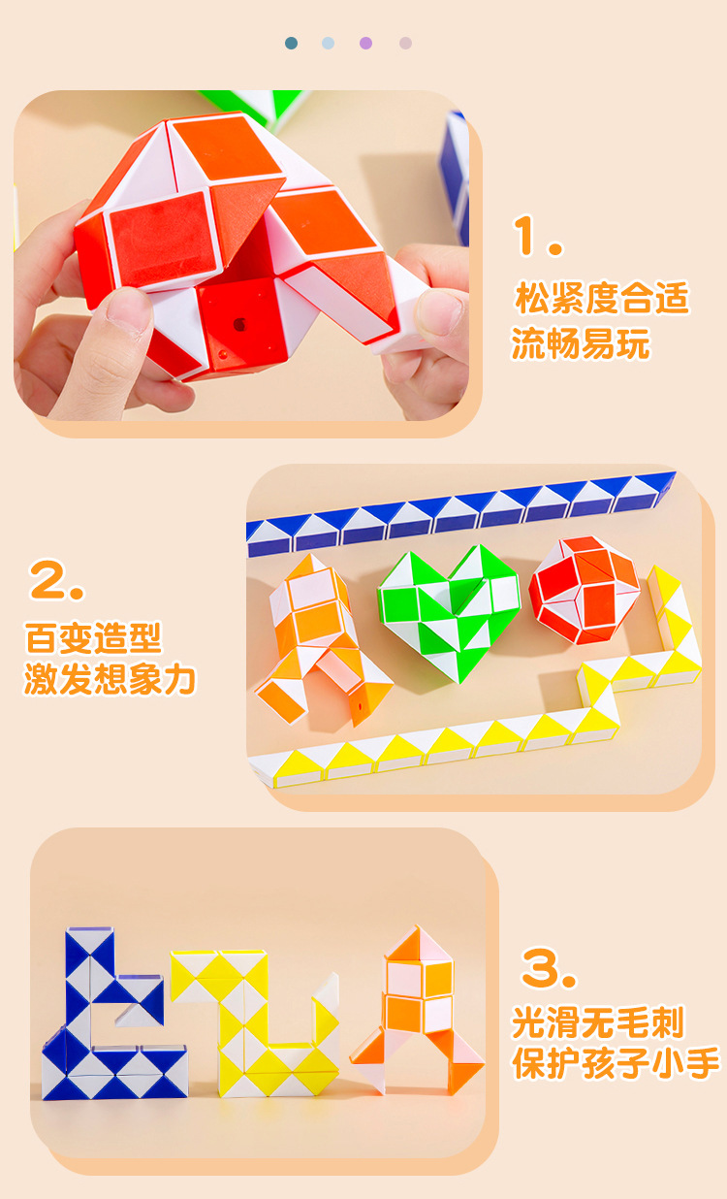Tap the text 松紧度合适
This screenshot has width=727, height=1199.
pyautogui.click(x=602, y=299)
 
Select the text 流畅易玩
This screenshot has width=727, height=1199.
pyautogui.click(x=582, y=343)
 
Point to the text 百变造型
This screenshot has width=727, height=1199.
pyautogui.click(x=93, y=639)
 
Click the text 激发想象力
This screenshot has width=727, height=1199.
pyautogui.click(x=110, y=680)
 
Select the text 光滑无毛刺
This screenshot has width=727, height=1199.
pyautogui.click(x=598, y=1022)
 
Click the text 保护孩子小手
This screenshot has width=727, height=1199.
pyautogui.click(x=616, y=1063)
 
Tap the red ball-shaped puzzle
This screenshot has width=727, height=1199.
pyautogui.click(x=584, y=589)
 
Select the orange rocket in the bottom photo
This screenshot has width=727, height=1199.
pyautogui.click(x=419, y=1009)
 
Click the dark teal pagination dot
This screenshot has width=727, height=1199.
pyautogui.click(x=291, y=43)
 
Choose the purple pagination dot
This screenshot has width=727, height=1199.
pyautogui.click(x=366, y=43)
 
